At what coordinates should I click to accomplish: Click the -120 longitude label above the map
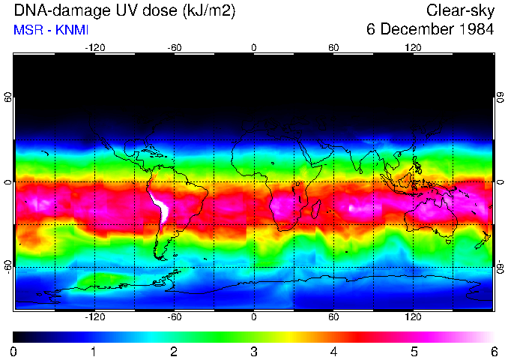[x=94, y=47]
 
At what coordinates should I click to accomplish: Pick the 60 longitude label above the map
[x=333, y=47]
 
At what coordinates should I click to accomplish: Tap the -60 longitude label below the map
[x=175, y=317]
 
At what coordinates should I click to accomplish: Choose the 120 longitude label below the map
[x=413, y=317]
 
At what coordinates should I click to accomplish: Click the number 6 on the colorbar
[x=493, y=352]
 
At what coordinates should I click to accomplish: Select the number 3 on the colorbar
[x=253, y=352]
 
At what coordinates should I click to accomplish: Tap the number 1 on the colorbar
[x=94, y=352]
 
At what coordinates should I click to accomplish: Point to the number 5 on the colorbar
[x=413, y=352]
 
